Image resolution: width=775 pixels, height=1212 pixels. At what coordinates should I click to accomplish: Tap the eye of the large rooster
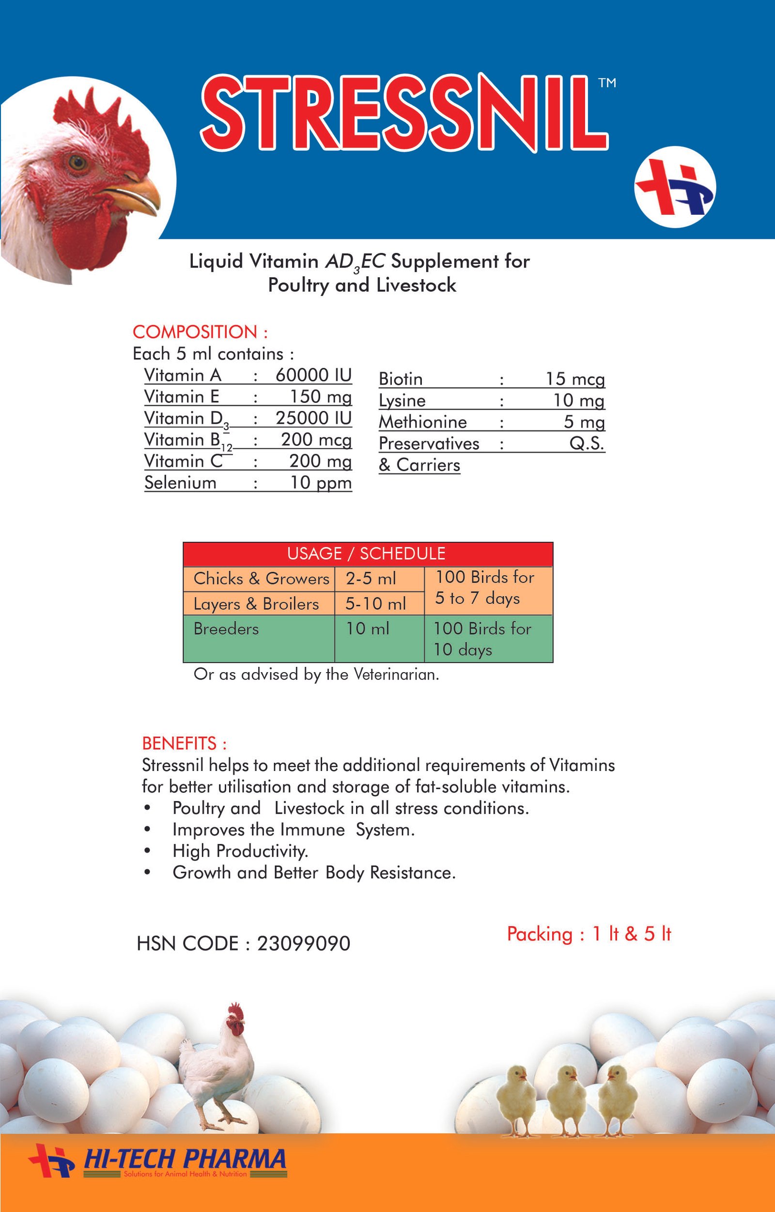(x=77, y=163)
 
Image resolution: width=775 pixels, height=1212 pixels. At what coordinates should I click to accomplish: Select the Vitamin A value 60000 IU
(x=313, y=375)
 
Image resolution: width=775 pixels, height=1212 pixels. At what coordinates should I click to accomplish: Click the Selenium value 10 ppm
(x=321, y=482)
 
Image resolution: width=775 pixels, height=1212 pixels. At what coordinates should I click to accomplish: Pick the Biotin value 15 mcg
(x=574, y=378)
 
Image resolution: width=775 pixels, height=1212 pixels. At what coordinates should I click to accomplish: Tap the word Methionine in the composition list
(x=423, y=422)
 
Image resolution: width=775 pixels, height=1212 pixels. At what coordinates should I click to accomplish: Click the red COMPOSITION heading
(x=200, y=332)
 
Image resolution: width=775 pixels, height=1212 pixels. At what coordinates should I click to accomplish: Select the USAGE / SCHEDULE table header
(x=366, y=553)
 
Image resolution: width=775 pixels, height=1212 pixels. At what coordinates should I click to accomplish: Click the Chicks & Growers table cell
(x=261, y=578)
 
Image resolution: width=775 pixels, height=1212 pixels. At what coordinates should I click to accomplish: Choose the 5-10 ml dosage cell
(x=375, y=603)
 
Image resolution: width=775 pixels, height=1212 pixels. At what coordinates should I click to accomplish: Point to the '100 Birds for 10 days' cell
(x=482, y=639)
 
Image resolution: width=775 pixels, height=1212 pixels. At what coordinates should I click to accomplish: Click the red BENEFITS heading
(x=184, y=743)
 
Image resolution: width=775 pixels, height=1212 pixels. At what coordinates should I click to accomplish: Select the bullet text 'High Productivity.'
(x=240, y=851)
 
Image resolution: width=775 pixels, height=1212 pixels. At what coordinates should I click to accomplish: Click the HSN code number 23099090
(x=303, y=944)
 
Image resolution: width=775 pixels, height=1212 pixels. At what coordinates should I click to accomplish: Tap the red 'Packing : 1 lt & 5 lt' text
(x=589, y=934)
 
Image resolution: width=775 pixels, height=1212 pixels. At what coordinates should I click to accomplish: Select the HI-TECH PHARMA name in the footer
(x=184, y=1159)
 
